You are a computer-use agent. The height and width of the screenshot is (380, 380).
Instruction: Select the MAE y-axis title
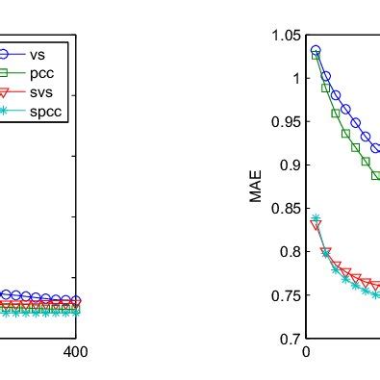pos(256,188)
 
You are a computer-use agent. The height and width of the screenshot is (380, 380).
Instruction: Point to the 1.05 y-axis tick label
pos(287,36)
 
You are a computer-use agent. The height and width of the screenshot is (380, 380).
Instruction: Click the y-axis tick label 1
pos(295,79)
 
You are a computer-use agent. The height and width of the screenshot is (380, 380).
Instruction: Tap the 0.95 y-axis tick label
pos(287,122)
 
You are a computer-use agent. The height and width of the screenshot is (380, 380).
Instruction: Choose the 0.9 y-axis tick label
pos(290,165)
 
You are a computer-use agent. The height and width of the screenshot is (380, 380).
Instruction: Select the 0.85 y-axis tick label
pos(287,209)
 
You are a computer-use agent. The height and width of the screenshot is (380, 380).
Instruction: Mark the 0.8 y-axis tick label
pos(290,252)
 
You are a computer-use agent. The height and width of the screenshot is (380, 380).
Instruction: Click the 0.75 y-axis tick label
pos(287,295)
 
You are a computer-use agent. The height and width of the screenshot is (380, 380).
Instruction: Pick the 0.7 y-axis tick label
pos(290,339)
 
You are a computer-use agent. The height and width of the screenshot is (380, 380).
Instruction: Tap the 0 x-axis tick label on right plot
pos(306,353)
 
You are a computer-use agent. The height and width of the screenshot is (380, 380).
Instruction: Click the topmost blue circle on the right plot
pos(316,50)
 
